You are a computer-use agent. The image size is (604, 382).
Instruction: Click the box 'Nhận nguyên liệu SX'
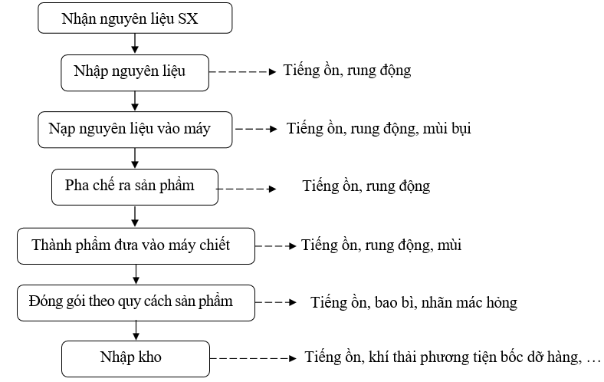coord(135,18)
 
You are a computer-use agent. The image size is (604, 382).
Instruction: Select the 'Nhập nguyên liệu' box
coord(135,73)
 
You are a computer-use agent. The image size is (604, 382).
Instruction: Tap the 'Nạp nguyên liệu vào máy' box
coord(135,130)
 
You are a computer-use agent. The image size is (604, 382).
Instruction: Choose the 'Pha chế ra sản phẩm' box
coord(135,187)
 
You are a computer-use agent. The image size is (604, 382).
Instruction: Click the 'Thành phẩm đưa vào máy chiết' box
coord(136,246)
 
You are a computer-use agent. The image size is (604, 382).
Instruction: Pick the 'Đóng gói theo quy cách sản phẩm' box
coord(136,303)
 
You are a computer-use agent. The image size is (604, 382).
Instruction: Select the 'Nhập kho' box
coord(136,359)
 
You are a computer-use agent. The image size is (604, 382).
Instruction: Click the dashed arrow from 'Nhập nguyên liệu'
coord(243,71)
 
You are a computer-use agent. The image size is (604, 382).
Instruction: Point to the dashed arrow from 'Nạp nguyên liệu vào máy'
coord(256,129)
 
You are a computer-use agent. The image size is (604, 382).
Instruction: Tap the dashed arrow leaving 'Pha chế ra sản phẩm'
coord(247,189)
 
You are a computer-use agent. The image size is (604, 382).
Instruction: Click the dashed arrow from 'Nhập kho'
coord(253,358)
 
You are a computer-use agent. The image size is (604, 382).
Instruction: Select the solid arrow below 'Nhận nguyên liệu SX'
coord(135,44)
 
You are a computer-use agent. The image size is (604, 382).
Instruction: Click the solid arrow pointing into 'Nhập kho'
coord(136,331)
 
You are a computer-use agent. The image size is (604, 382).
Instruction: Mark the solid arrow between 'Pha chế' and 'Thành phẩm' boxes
coord(135,216)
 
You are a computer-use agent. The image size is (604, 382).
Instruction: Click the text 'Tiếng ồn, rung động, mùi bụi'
coord(379,129)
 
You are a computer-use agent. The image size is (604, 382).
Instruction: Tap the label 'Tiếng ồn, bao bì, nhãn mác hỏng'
coord(414,302)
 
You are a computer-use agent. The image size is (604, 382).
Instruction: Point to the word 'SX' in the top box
coord(188,18)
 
